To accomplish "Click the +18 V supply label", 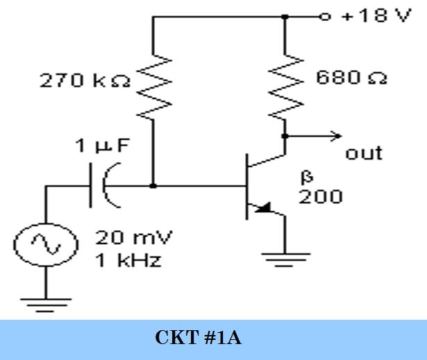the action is [x=376, y=15].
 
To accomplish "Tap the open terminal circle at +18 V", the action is [x=325, y=17].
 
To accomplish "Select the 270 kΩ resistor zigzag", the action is [x=154, y=87].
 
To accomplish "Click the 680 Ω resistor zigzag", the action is [x=285, y=87].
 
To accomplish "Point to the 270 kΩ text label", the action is [x=85, y=80].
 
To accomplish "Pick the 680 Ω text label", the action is [x=351, y=78].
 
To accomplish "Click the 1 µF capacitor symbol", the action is [x=105, y=186].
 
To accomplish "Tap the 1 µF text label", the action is [x=102, y=146].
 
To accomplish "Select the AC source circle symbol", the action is [x=46, y=245].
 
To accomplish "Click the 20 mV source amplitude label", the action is [x=134, y=237].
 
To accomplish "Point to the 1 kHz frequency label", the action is [x=128, y=260].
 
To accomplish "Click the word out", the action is [x=364, y=153].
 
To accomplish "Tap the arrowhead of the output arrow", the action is [x=336, y=136].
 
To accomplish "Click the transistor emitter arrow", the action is [x=263, y=208].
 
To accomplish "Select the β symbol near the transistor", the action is [x=307, y=178].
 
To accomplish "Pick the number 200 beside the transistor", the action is [x=321, y=196].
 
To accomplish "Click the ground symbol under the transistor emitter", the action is [x=285, y=259].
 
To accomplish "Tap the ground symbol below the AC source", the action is [x=46, y=305].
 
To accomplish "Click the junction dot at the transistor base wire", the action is [x=153, y=186].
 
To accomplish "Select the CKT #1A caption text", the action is [x=199, y=338].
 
